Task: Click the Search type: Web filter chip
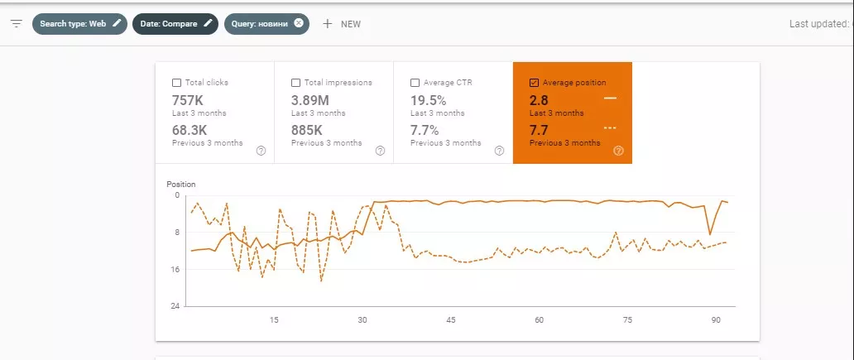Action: [x=79, y=24]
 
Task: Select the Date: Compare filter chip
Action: [x=175, y=24]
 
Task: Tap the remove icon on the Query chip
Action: [x=299, y=23]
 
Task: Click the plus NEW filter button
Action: [x=342, y=24]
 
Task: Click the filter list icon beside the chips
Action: [x=17, y=24]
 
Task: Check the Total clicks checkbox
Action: [x=176, y=83]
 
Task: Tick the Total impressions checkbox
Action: [x=295, y=83]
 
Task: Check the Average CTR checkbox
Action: [x=415, y=83]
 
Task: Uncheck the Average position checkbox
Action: [x=535, y=83]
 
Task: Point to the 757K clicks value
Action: [x=187, y=101]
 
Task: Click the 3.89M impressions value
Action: [x=309, y=101]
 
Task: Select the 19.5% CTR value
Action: [x=428, y=101]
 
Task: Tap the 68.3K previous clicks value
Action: [x=190, y=131]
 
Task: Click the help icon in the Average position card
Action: [x=618, y=151]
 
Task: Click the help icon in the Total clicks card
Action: [x=261, y=151]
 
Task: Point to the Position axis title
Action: [x=181, y=185]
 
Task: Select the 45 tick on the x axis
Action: [x=450, y=319]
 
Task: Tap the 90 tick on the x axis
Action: [x=716, y=319]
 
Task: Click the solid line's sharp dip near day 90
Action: [x=710, y=234]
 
